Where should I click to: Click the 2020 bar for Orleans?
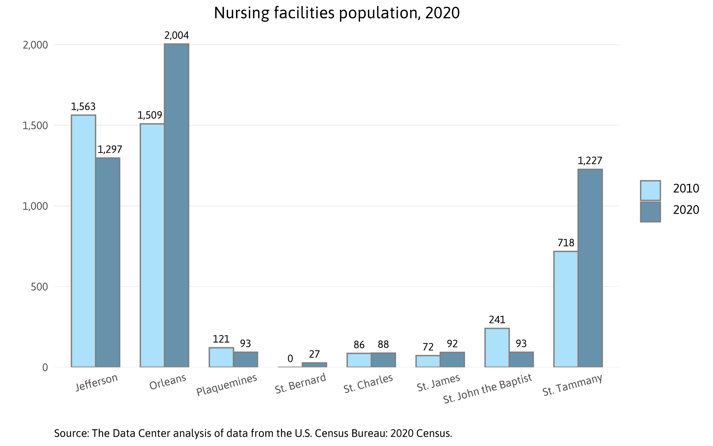(x=176, y=205)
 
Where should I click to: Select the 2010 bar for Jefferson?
(x=83, y=241)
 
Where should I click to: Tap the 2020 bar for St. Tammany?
(x=590, y=268)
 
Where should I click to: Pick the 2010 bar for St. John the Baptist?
(x=497, y=348)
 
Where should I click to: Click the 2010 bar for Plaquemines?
(x=221, y=357)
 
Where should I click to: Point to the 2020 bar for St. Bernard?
(x=314, y=365)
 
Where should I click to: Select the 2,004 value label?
(x=176, y=35)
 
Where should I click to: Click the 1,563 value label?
(x=83, y=107)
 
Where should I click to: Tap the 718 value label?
(x=566, y=243)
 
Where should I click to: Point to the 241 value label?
(x=497, y=320)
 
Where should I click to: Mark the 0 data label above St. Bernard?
(x=290, y=359)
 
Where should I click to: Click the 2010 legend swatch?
(x=650, y=191)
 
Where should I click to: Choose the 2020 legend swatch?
(x=650, y=212)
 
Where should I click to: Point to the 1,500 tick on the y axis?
(x=35, y=126)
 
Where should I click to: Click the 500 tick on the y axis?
(x=39, y=287)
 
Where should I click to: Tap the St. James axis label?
(x=438, y=383)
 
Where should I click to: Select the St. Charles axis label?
(x=368, y=384)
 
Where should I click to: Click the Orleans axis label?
(x=168, y=382)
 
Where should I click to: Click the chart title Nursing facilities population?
(x=337, y=13)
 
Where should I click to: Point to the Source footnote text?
(x=253, y=434)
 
